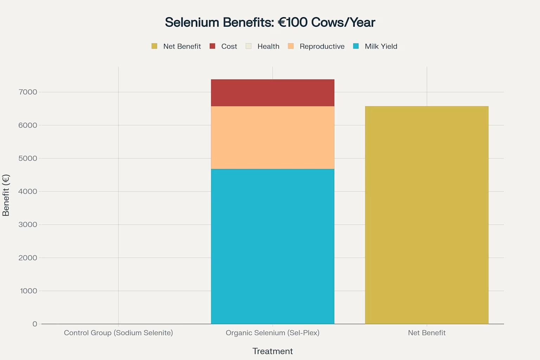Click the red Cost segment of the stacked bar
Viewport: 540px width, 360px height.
[272, 93]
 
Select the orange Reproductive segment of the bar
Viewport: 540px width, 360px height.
[272, 137]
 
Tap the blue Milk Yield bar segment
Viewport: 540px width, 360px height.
[272, 246]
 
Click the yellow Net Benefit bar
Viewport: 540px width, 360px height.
[426, 215]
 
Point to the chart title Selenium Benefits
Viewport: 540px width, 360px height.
[270, 22]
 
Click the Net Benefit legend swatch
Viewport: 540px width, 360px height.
[154, 46]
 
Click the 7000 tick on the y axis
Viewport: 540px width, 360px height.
[28, 92]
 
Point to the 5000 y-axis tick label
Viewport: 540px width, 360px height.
[28, 158]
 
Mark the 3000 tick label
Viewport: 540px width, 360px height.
[28, 225]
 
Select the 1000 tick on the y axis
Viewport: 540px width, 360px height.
[28, 291]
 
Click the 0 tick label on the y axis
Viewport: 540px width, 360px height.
[34, 324]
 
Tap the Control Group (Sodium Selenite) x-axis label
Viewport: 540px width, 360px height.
[118, 333]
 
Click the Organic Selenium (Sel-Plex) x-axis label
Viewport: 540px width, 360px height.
[272, 333]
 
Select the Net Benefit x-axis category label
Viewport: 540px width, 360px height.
[426, 333]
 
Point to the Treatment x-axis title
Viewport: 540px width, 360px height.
[272, 351]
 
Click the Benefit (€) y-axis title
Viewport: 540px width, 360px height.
[6, 195]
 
